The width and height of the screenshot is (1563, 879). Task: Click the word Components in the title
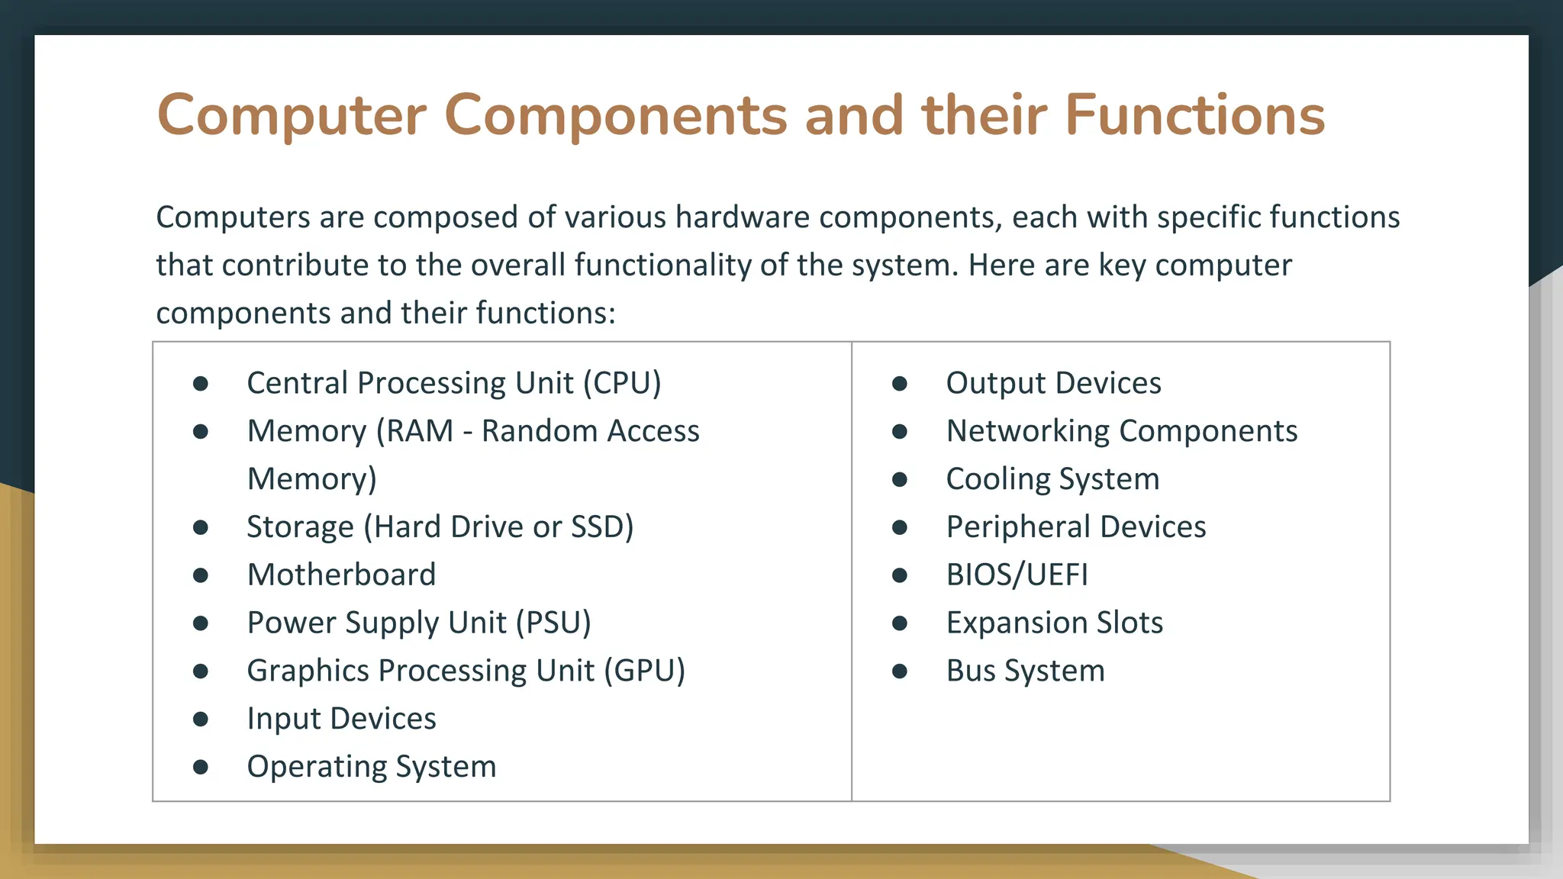point(614,116)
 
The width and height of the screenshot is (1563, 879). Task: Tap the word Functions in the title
point(1194,116)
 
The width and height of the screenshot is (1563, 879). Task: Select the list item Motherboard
point(341,575)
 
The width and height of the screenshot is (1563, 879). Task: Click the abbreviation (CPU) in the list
point(622,383)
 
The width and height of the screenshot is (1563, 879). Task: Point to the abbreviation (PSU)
point(553,623)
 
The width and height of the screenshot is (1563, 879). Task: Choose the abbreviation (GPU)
point(645,671)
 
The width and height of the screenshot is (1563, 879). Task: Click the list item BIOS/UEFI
point(1017,575)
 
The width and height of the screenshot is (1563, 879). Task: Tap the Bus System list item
point(1025,671)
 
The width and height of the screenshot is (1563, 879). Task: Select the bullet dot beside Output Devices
point(900,383)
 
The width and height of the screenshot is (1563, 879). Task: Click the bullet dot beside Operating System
point(201,767)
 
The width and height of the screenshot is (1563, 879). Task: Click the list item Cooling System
point(1052,479)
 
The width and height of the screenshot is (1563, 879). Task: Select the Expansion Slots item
point(1054,623)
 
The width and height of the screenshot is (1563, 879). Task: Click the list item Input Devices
point(341,719)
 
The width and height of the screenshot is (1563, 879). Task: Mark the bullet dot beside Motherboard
point(201,575)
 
